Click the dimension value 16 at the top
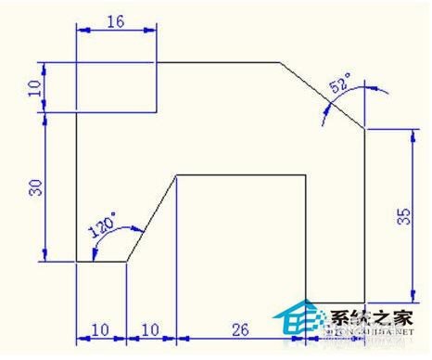tap(116, 19)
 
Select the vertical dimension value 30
tap(35, 187)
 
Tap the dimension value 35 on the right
tap(402, 216)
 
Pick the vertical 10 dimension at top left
tap(35, 87)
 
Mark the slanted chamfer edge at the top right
tap(322, 96)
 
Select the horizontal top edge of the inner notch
tap(241, 174)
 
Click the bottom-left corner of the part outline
tap(75, 262)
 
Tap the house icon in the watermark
tap(298, 317)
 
